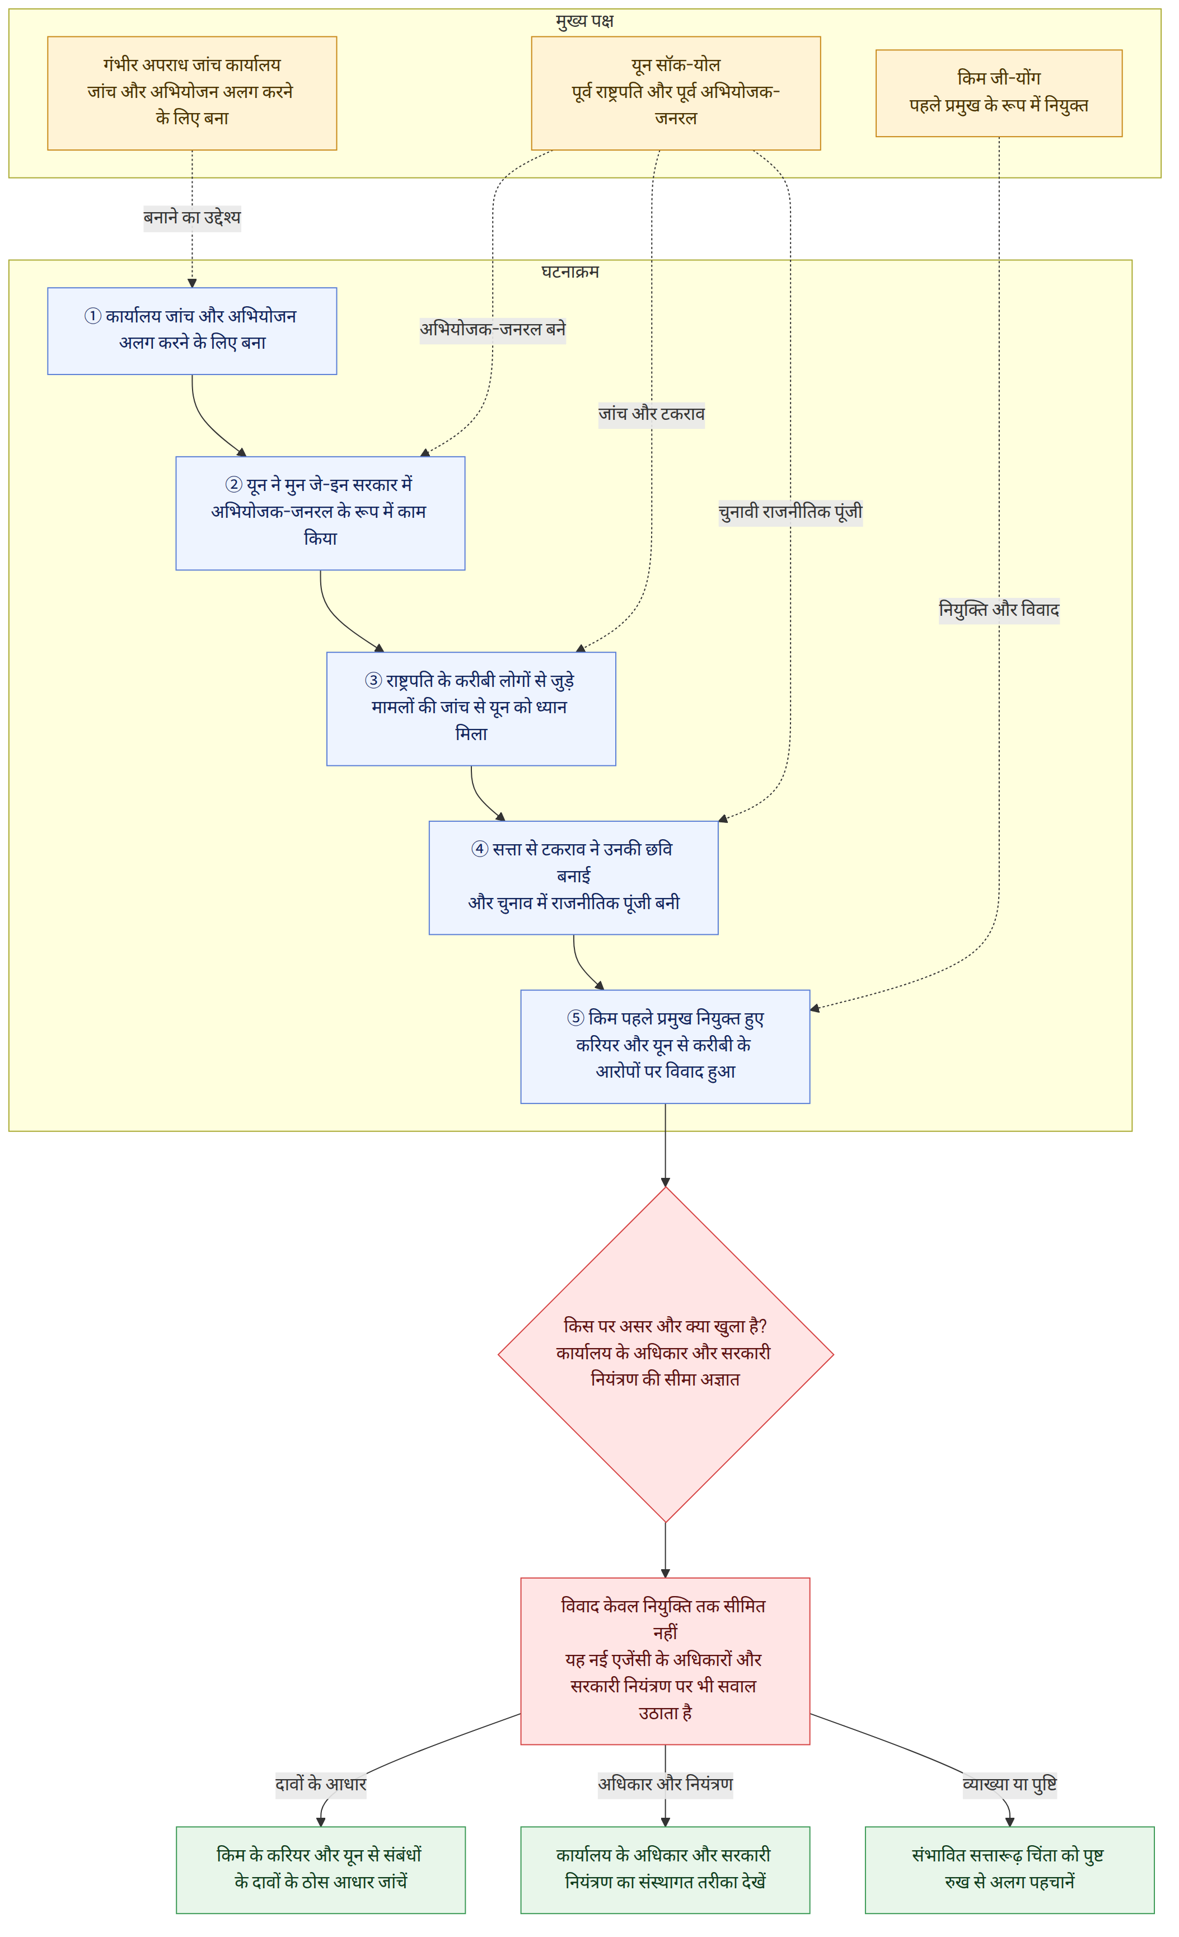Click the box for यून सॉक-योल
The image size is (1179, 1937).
click(675, 93)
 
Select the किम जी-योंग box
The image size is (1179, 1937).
click(998, 93)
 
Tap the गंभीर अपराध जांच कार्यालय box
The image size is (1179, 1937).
click(192, 93)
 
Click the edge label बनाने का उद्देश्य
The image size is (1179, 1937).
click(192, 217)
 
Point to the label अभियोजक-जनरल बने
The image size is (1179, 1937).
click(493, 329)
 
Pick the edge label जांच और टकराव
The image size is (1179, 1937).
click(652, 414)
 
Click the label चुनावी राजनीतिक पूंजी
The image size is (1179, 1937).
click(790, 512)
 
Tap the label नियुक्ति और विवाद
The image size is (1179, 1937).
click(998, 609)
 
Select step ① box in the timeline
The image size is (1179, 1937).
click(192, 331)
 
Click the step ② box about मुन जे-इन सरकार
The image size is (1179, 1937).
click(320, 513)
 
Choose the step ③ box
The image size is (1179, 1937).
click(471, 708)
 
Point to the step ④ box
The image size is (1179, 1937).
click(573, 877)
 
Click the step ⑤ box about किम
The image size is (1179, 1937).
click(665, 1046)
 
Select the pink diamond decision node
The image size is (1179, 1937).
click(665, 1354)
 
